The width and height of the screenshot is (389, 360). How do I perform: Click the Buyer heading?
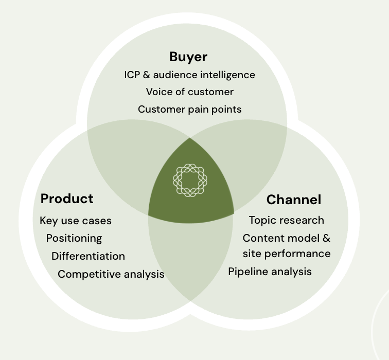[x=188, y=57]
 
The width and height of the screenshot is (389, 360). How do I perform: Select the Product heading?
[x=67, y=199]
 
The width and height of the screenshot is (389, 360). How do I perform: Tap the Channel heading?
[x=294, y=200]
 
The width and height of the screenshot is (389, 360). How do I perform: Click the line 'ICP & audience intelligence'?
[x=189, y=75]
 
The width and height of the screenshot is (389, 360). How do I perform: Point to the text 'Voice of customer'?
[x=190, y=92]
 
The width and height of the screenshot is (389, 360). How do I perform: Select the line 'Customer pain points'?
[x=190, y=110]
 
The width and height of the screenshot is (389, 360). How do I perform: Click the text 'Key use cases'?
[x=76, y=221]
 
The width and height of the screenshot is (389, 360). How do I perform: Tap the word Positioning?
[x=74, y=239]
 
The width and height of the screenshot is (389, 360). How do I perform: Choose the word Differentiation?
[x=89, y=256]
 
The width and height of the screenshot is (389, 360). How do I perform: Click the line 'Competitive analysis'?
[x=111, y=275]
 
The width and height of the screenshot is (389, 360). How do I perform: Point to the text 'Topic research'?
[x=287, y=221]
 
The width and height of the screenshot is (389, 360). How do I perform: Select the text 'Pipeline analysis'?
[x=270, y=272]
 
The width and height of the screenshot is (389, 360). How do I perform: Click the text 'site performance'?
[x=287, y=254]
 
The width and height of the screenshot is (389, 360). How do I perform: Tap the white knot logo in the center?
[x=190, y=180]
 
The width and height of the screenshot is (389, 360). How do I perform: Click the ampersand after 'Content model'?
[x=326, y=238]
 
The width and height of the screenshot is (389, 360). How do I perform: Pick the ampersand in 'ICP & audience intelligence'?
[x=147, y=75]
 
